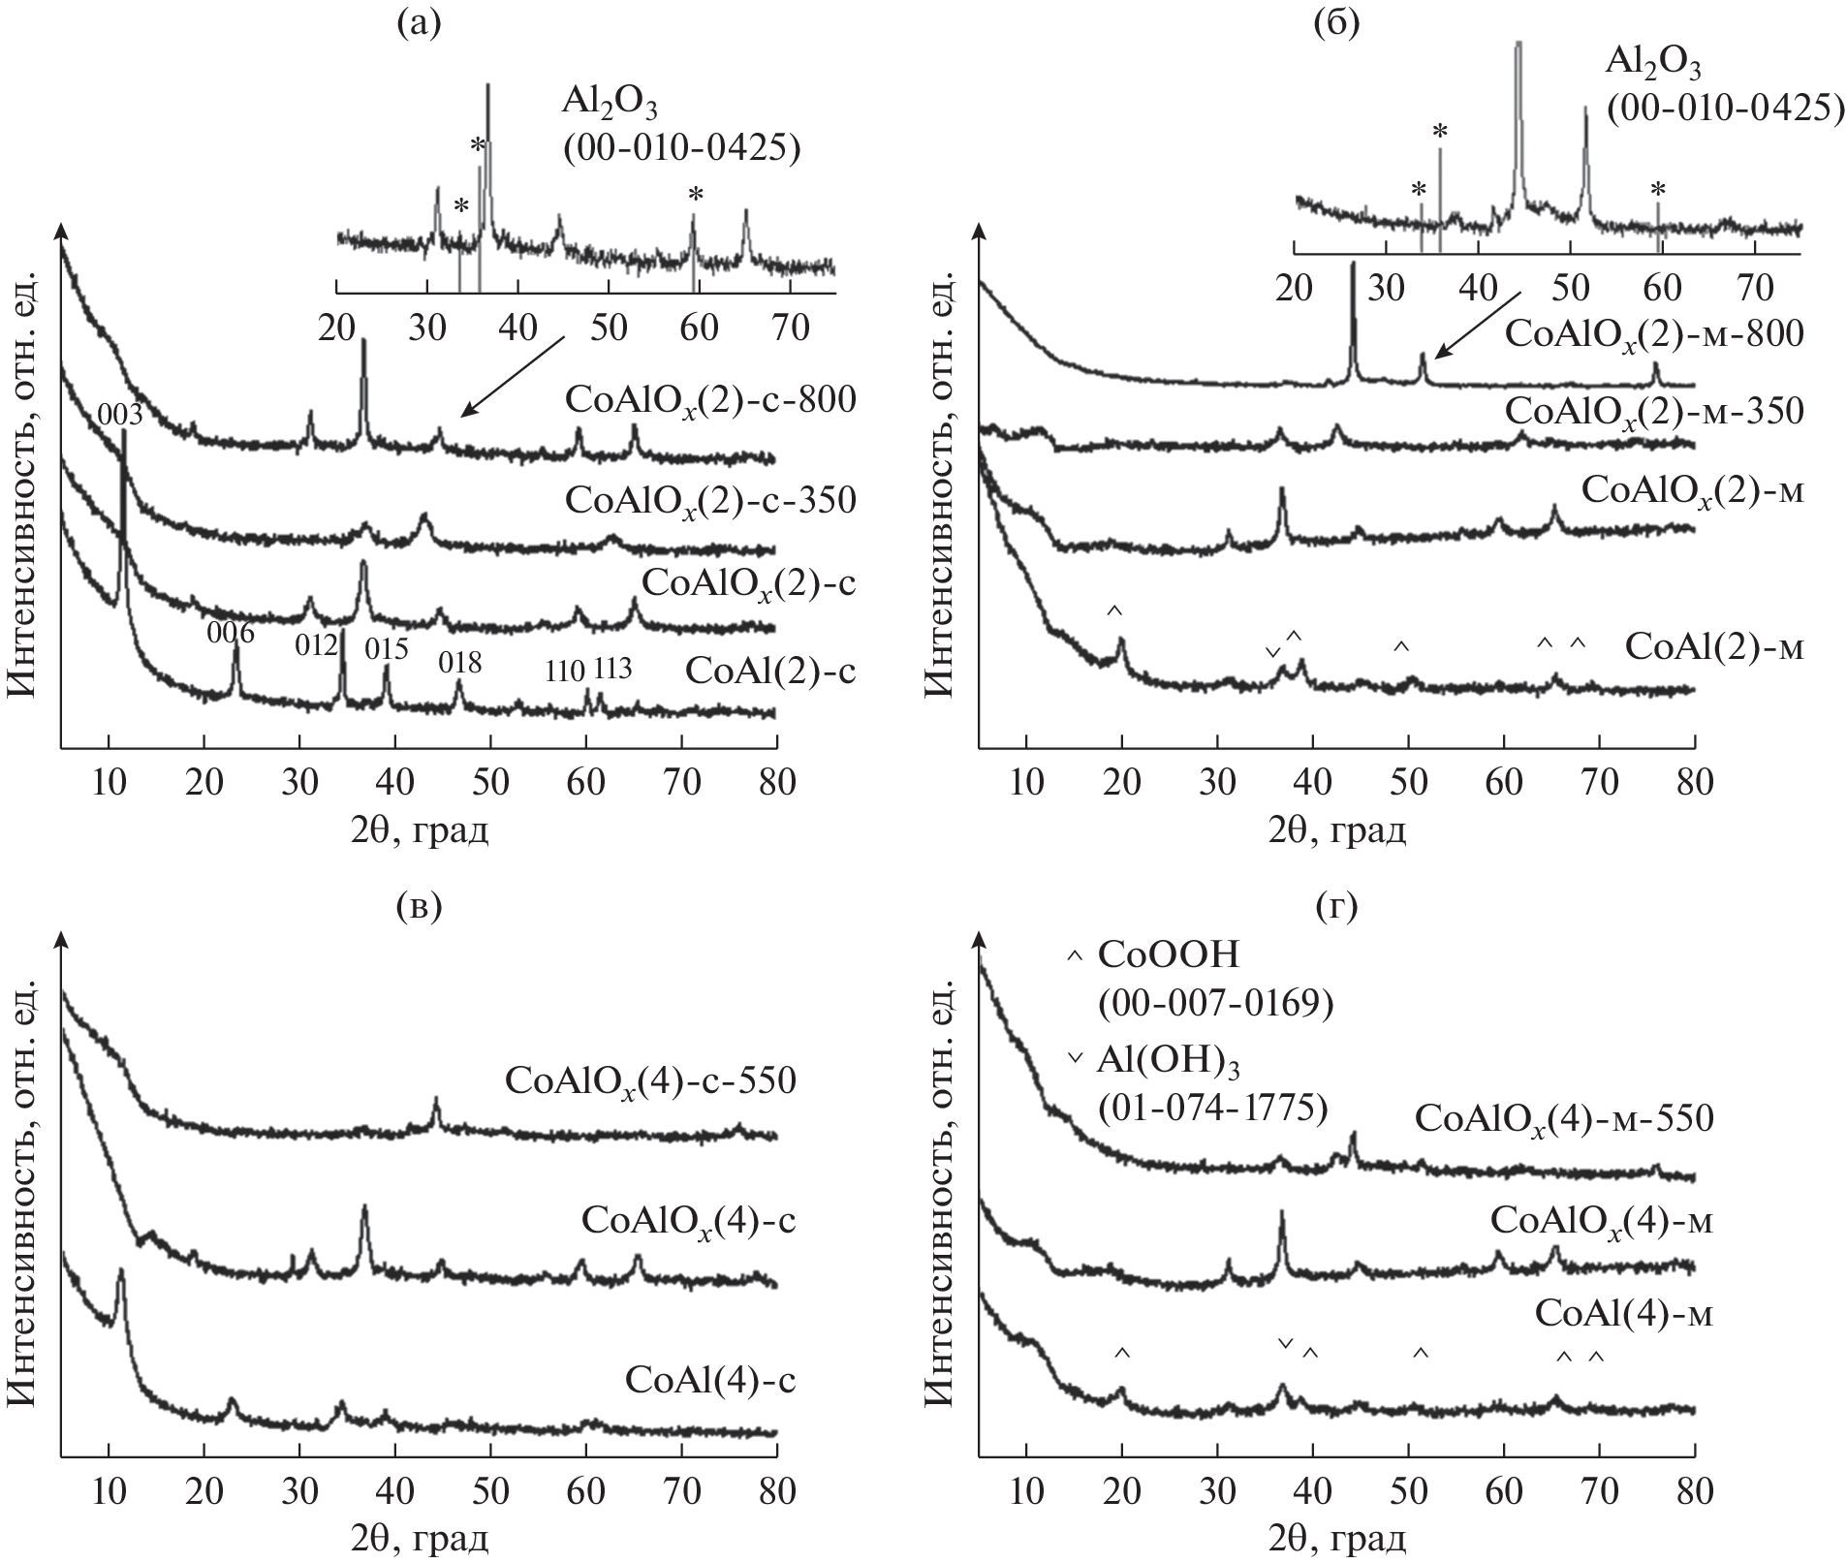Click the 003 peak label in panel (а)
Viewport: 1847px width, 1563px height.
coord(120,416)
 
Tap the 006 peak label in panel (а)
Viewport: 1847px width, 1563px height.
coord(231,633)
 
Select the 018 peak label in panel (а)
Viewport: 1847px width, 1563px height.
coord(459,663)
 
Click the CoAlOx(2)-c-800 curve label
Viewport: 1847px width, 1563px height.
coord(710,400)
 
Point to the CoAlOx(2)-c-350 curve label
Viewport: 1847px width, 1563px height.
coord(710,500)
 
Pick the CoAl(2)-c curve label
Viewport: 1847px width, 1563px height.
coord(769,671)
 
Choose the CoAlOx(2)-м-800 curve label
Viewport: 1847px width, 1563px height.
coord(1653,334)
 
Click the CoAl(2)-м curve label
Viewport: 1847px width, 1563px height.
coord(1713,646)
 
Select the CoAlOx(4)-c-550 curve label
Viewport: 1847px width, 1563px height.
coord(650,1080)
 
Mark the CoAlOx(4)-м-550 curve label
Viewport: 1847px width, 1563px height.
coord(1563,1118)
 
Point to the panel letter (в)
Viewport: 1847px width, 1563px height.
coord(419,905)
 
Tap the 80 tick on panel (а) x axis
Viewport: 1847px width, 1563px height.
coord(776,782)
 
